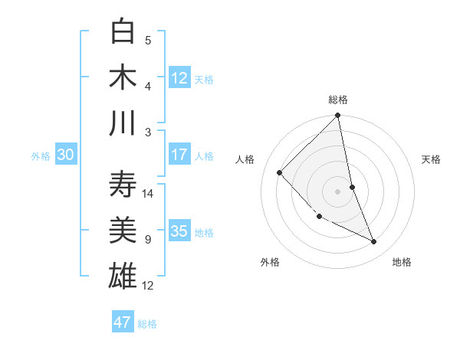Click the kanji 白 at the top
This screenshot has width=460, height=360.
pos(123,31)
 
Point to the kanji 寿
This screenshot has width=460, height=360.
pos(123,184)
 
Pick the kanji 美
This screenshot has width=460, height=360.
pos(123,230)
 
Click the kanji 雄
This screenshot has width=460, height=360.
pos(123,276)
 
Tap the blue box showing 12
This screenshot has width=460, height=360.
pos(179,77)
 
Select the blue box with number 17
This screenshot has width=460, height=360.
pos(179,155)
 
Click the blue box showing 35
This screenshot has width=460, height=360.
pos(179,231)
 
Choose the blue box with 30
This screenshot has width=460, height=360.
pos(65,155)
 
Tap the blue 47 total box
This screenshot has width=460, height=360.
pos(122,322)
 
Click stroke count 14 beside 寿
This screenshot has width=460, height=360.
pos(149,193)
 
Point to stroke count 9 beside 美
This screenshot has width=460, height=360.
pos(147,240)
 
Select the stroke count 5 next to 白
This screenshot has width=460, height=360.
pos(148,41)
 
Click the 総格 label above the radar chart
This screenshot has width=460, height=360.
pos(338,100)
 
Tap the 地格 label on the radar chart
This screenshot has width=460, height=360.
pos(402,262)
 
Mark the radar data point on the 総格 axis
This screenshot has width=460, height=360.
pos(338,116)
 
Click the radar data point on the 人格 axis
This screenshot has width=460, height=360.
pos(280,172)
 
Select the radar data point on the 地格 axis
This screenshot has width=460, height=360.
pos(374,242)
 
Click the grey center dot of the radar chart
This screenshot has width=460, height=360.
pos(338,191)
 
